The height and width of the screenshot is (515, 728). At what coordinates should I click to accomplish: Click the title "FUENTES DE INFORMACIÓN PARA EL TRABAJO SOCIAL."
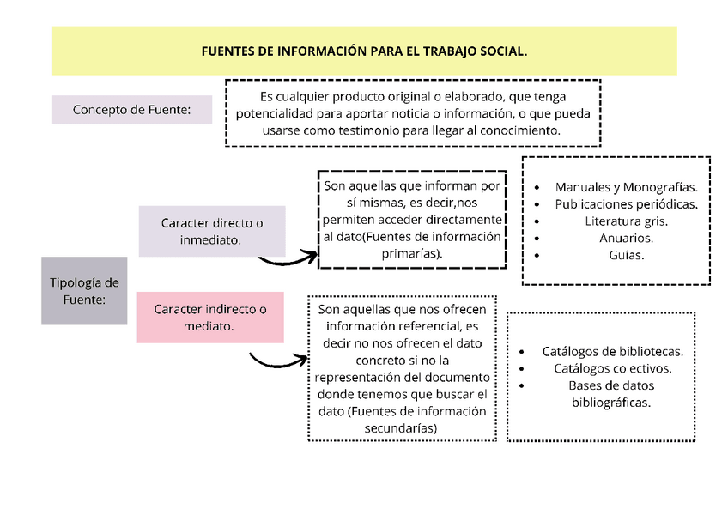tap(364, 51)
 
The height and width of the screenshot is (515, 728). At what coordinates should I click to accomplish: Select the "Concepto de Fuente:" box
tap(131, 110)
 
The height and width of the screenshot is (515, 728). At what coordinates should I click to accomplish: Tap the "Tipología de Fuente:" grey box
tap(84, 291)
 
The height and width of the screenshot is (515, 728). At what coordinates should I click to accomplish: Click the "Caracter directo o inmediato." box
tap(211, 232)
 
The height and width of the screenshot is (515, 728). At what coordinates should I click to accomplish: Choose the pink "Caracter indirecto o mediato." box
tap(209, 318)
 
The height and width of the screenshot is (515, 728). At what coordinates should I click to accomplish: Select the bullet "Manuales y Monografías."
tap(626, 187)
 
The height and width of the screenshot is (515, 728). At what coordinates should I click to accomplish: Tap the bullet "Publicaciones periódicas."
tap(626, 204)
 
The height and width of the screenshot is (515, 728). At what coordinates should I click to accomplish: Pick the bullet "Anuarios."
tap(626, 238)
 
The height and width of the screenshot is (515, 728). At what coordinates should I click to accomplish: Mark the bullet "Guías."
tap(626, 255)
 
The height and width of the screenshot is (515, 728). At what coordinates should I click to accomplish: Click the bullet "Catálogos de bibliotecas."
tap(612, 351)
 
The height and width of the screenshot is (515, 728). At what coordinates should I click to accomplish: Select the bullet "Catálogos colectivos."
tap(612, 368)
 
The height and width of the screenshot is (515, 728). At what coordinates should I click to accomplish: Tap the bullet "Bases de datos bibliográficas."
tap(611, 393)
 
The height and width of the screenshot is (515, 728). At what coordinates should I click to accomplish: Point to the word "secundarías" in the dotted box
tap(401, 427)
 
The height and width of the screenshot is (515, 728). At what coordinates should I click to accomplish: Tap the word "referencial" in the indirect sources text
tap(428, 326)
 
